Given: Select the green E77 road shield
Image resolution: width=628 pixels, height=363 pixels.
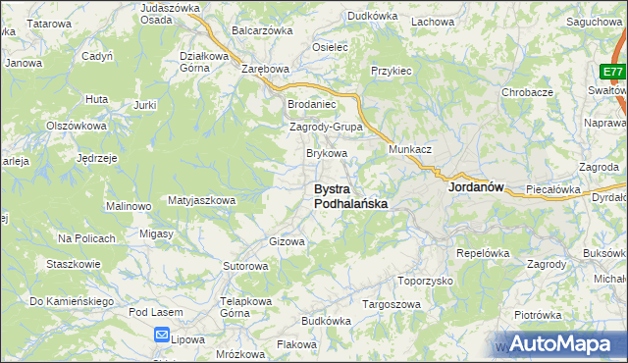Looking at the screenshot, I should pyautogui.click(x=613, y=72).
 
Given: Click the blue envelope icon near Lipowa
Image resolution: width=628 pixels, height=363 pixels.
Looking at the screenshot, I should pyautogui.click(x=162, y=335).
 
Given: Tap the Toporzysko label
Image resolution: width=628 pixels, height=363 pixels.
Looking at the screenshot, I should pyautogui.click(x=425, y=280).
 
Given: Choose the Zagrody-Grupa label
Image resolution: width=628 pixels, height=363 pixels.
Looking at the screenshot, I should pyautogui.click(x=326, y=128).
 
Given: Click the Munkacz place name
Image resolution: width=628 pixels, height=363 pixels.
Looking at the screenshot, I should pyautogui.click(x=410, y=148).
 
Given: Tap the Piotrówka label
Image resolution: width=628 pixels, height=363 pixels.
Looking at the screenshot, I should pyautogui.click(x=537, y=315).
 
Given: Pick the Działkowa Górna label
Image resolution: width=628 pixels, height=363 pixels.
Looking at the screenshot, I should pyautogui.click(x=203, y=62).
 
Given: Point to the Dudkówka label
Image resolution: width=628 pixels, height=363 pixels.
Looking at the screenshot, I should pyautogui.click(x=372, y=16).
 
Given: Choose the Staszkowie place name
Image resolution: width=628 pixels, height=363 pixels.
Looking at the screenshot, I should pyautogui.click(x=74, y=264).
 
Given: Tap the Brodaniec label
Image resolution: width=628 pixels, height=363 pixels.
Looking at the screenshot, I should pyautogui.click(x=311, y=103).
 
